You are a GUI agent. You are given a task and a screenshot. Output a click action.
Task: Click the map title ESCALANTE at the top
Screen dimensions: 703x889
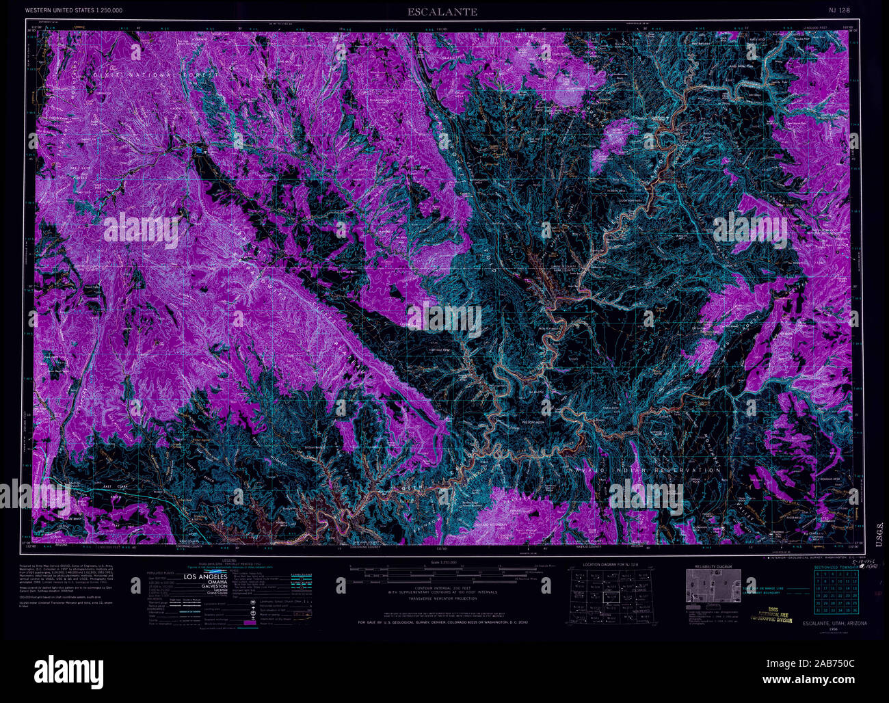442,12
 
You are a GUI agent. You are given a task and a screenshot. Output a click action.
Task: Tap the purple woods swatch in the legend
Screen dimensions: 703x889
250,623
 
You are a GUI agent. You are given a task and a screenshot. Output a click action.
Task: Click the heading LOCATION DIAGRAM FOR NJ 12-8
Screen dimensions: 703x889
610,565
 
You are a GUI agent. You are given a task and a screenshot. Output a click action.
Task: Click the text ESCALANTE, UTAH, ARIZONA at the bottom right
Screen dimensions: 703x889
834,624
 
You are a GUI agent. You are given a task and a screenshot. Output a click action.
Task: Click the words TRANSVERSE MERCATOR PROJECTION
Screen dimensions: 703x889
443,598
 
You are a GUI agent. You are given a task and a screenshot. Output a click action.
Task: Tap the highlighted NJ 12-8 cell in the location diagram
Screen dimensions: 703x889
610,591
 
